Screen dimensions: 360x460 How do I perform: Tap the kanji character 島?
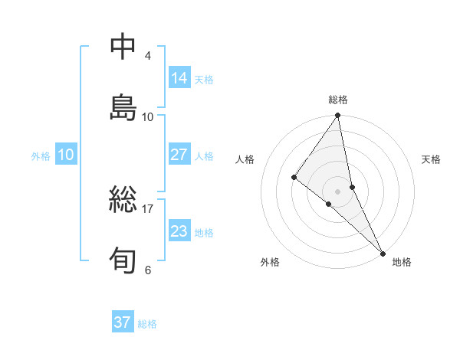point(123,106)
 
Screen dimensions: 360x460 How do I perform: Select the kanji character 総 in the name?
point(123,198)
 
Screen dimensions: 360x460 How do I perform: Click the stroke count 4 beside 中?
point(148,56)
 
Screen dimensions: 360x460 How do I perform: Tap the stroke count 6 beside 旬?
point(148,270)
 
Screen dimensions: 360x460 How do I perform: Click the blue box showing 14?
point(179,78)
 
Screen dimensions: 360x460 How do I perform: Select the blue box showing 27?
point(179,155)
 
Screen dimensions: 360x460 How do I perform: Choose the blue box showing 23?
point(179,231)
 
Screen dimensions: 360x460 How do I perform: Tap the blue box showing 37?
point(122,322)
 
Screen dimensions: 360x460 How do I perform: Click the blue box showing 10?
point(66,155)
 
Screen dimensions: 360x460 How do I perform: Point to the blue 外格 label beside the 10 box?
point(41,156)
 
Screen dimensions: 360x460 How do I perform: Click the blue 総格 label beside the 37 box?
point(147,324)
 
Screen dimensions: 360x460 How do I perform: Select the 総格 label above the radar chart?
point(338,100)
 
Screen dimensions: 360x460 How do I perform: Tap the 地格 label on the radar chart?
point(402,262)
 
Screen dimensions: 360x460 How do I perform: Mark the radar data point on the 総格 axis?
point(338,116)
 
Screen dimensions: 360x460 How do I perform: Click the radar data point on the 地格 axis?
point(382,253)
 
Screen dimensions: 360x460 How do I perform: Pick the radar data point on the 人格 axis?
point(294,178)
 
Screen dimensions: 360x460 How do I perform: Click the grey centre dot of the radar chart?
point(338,191)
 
